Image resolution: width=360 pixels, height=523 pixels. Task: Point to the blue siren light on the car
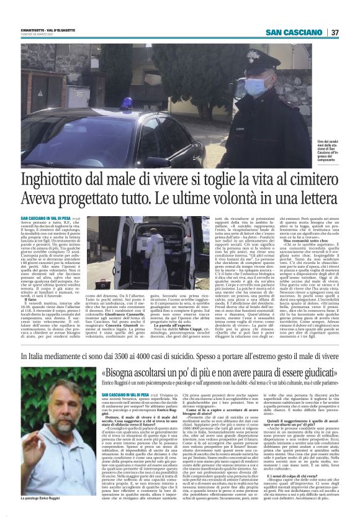127,102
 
